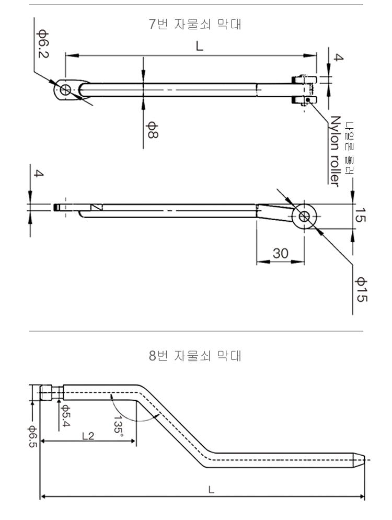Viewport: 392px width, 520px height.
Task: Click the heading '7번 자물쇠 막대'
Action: pyautogui.click(x=195, y=25)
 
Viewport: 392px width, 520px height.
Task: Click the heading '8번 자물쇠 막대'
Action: pyautogui.click(x=195, y=358)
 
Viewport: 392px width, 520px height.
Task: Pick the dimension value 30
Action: pyautogui.click(x=281, y=253)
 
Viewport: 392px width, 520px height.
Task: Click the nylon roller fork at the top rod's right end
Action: pyautogui.click(x=304, y=89)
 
